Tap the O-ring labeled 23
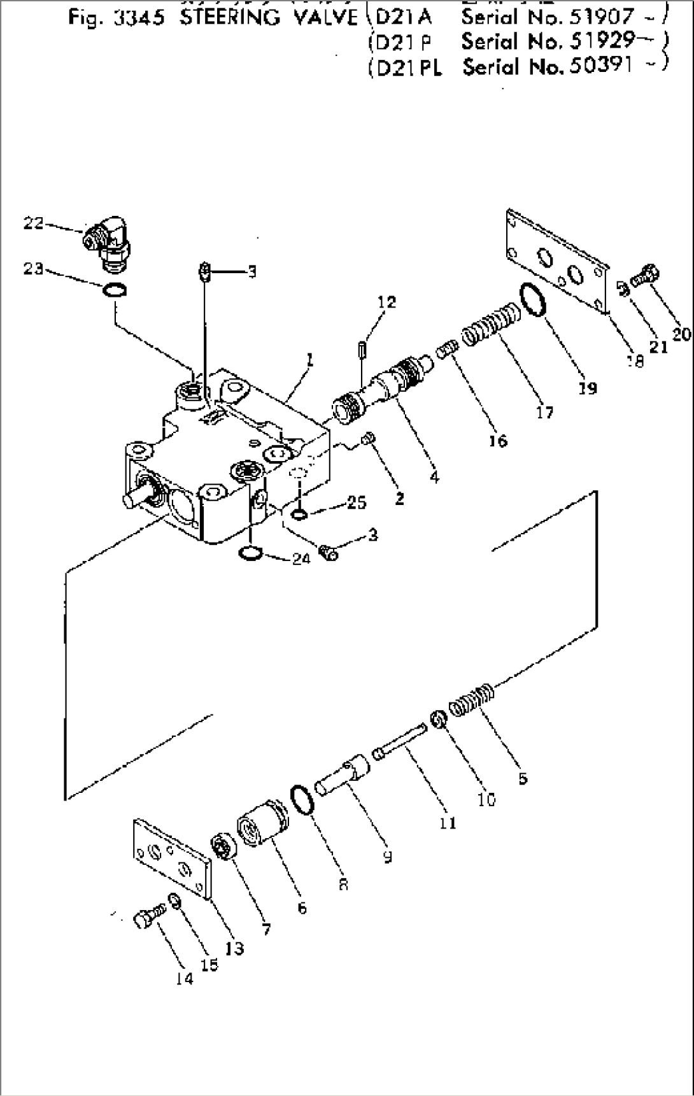(x=114, y=291)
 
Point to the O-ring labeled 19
(x=534, y=299)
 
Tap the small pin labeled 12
(x=362, y=350)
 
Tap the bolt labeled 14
(x=147, y=918)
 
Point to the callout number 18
(x=635, y=360)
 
